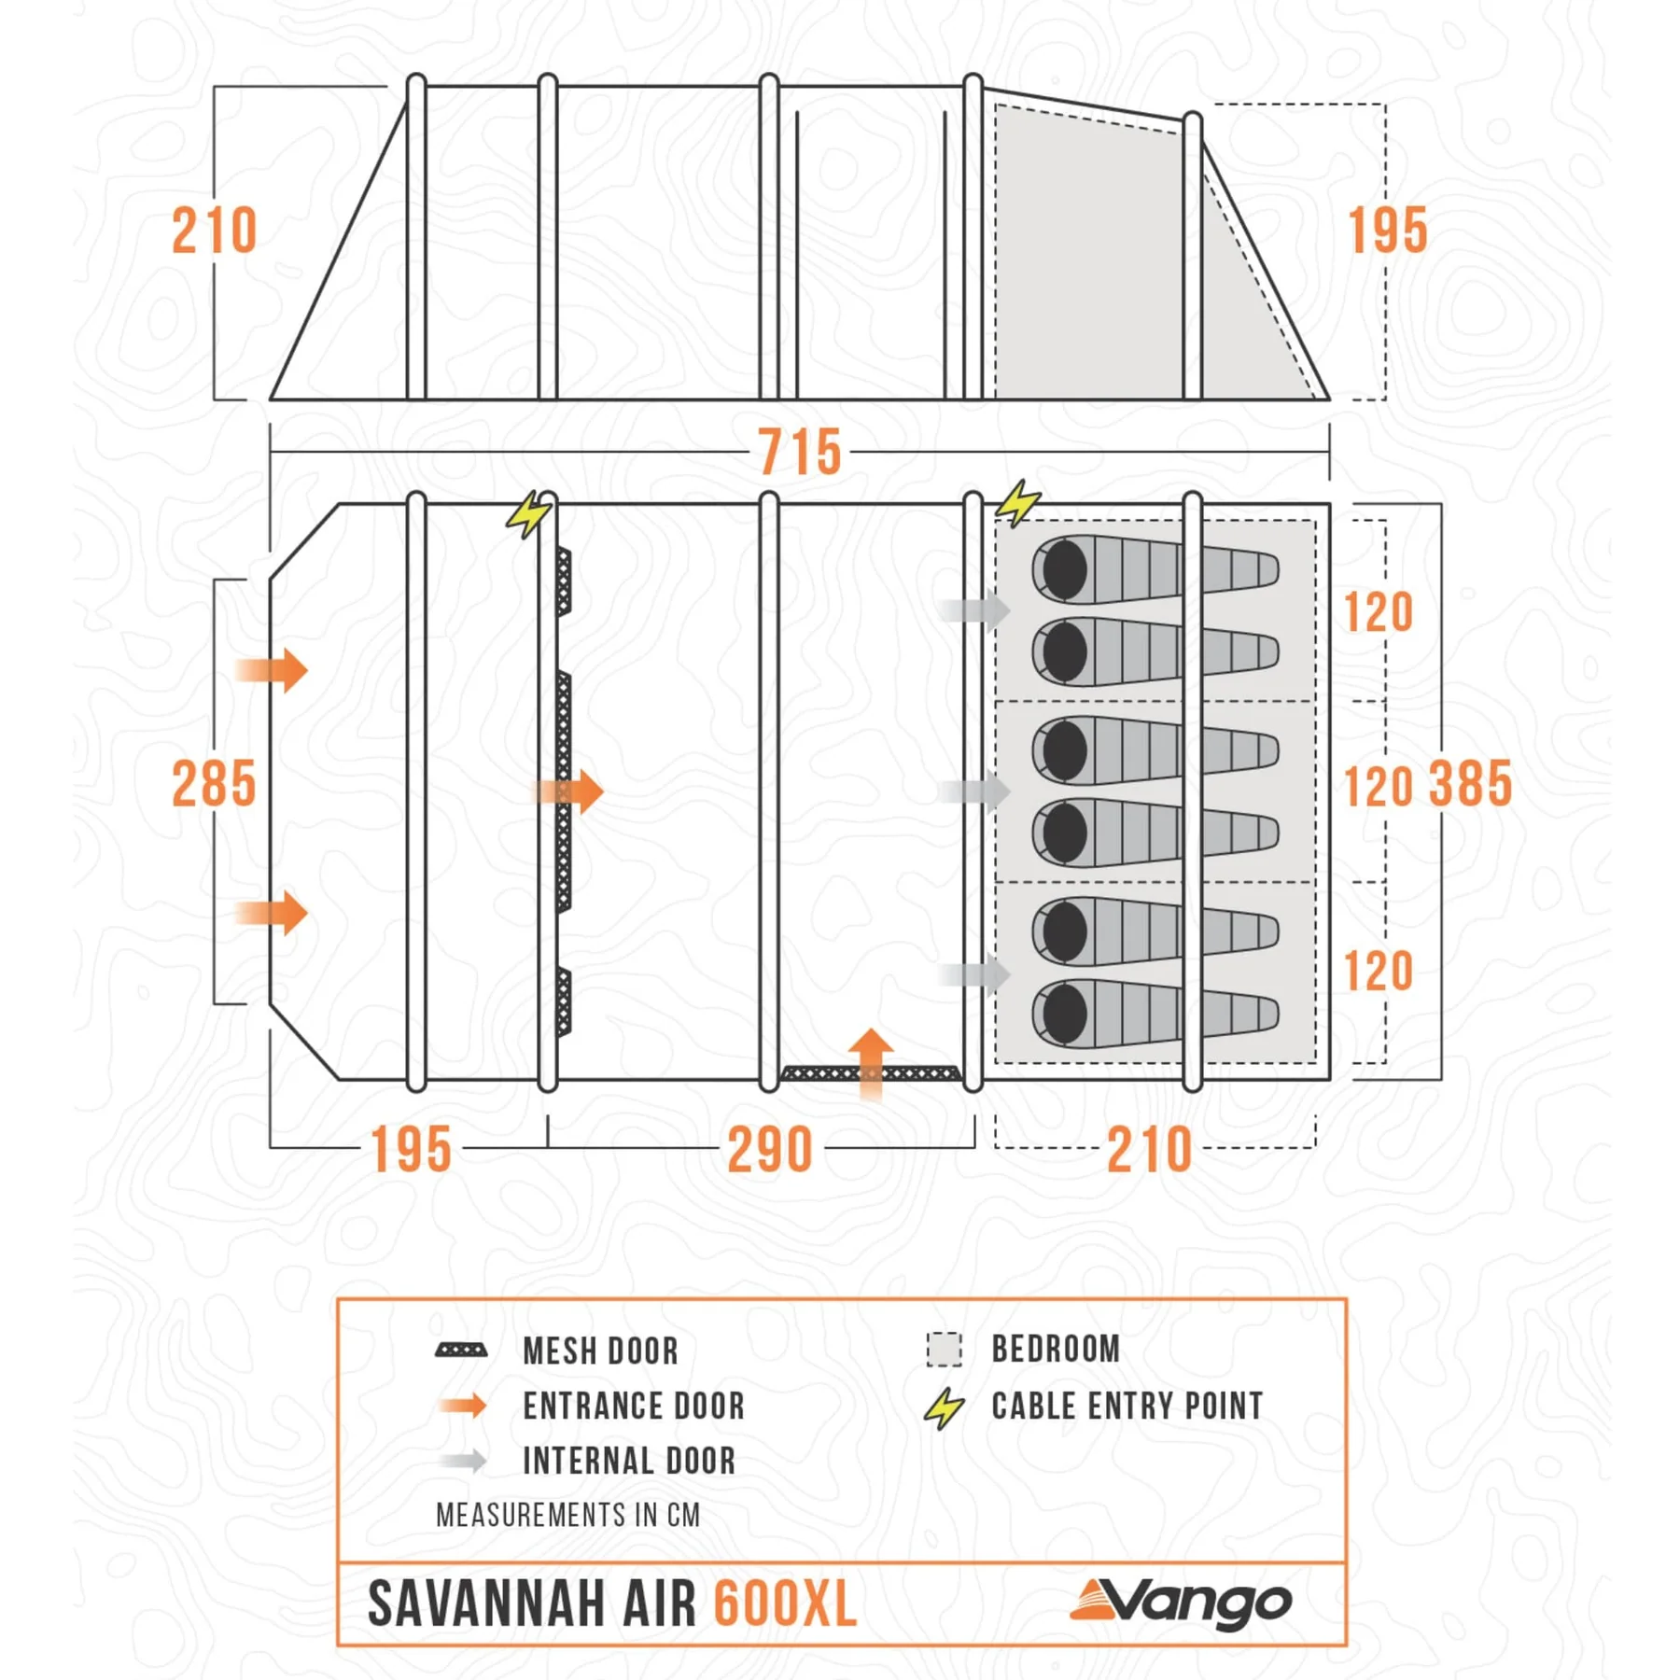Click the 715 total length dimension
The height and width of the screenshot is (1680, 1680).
click(x=799, y=453)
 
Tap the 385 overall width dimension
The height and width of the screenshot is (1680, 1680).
click(x=1470, y=784)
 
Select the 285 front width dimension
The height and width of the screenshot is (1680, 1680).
click(x=214, y=784)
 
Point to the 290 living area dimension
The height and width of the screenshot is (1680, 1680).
click(x=770, y=1150)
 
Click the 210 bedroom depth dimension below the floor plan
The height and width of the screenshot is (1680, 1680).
click(x=1150, y=1150)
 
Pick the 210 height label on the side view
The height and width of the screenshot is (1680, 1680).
click(x=214, y=231)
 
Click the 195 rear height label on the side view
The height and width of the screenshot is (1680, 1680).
click(x=1388, y=231)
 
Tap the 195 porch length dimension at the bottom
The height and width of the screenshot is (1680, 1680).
click(x=412, y=1150)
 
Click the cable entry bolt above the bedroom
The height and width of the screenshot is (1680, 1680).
click(x=1017, y=504)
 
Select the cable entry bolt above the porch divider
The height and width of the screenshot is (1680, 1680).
click(x=529, y=514)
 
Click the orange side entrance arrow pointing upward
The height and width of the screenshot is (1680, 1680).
click(x=871, y=1064)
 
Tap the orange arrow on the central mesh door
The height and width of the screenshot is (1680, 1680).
click(x=569, y=791)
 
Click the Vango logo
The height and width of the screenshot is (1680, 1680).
click(x=1182, y=1603)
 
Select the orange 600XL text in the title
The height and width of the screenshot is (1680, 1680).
click(x=785, y=1604)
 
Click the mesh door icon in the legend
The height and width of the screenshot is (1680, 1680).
click(x=461, y=1351)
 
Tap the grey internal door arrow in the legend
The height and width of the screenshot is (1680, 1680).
click(x=464, y=1461)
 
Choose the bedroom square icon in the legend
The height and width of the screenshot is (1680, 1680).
click(x=944, y=1350)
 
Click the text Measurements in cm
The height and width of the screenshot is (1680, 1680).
click(x=568, y=1515)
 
